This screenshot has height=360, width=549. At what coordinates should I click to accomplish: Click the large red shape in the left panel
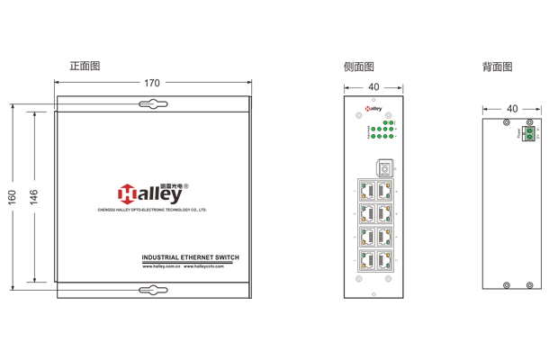[x=120, y=176]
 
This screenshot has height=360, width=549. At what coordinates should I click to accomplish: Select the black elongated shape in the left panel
[x=180, y=253]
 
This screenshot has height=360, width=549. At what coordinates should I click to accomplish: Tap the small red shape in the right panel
[x=365, y=109]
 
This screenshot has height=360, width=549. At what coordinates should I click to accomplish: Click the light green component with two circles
[x=529, y=133]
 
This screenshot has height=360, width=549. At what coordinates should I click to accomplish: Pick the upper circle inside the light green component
[x=529, y=130]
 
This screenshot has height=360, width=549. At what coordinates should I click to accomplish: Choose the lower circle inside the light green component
[x=529, y=137]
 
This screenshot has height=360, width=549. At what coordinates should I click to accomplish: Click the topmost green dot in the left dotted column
[x=364, y=185]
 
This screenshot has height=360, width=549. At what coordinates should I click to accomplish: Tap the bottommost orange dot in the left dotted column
[x=364, y=265]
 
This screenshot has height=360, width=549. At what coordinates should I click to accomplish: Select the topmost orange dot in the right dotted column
[x=388, y=185]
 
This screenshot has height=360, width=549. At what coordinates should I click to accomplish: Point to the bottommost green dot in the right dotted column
[x=388, y=265]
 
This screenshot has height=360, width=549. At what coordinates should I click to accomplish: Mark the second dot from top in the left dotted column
[x=364, y=197]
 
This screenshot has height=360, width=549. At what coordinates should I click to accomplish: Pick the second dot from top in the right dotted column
[x=388, y=197]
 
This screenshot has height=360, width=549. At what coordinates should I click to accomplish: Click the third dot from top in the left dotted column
[x=364, y=208]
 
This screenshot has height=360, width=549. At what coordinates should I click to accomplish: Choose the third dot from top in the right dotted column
[x=388, y=208]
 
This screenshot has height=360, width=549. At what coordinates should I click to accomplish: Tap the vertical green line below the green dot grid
[x=374, y=144]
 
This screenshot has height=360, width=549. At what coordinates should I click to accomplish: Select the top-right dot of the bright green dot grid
[x=391, y=121]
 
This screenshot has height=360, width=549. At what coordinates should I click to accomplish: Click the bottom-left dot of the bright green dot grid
[x=373, y=137]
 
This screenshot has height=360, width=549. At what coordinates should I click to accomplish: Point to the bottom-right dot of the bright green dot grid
[x=391, y=137]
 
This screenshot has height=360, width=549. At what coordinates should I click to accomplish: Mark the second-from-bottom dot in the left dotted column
[x=364, y=254]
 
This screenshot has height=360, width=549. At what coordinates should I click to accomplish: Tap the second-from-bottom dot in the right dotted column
[x=388, y=254]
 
